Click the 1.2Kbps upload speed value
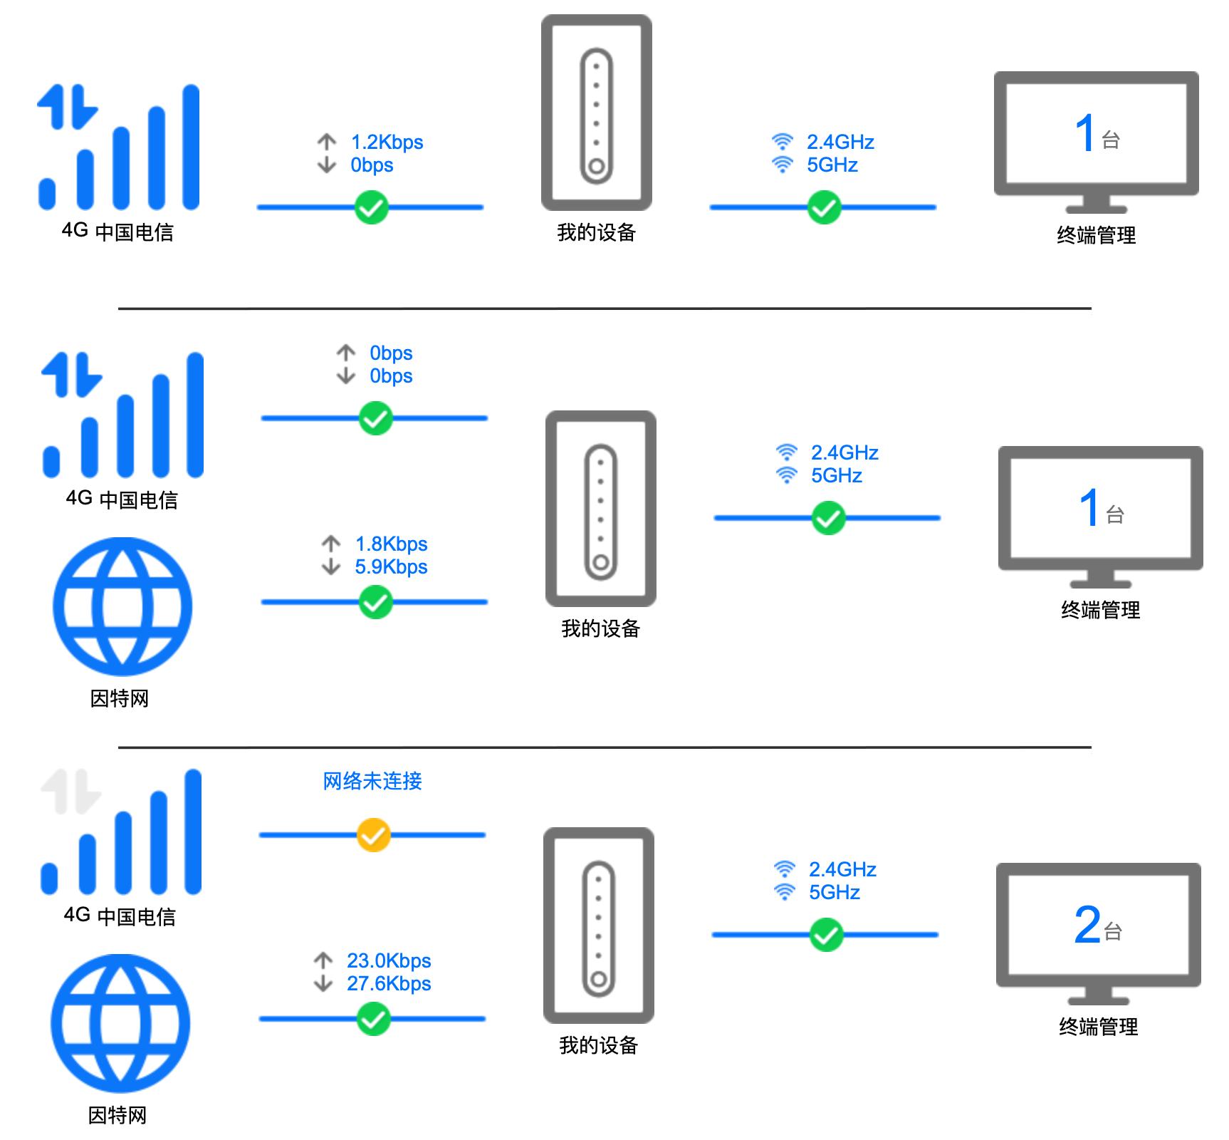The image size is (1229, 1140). point(387,142)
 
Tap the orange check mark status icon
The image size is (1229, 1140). point(373,835)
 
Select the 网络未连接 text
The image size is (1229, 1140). point(372,782)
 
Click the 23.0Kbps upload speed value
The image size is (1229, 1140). point(389,961)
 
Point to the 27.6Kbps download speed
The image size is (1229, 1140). point(389,984)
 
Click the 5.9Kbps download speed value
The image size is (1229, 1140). point(391,567)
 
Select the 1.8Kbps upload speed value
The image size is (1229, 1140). point(391,544)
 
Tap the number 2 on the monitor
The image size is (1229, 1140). point(1087,925)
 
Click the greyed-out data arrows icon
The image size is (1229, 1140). point(71,792)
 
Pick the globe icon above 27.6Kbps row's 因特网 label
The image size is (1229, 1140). point(120,1023)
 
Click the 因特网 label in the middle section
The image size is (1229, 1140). point(120,699)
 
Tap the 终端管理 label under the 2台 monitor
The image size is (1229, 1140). point(1098,1027)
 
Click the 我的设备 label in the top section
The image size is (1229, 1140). point(597,233)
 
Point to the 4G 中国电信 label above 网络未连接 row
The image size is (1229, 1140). point(120,916)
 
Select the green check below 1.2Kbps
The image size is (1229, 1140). point(372,207)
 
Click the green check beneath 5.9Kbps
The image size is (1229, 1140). point(376,603)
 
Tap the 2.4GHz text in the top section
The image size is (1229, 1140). point(840,142)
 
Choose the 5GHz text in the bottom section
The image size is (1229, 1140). point(835,893)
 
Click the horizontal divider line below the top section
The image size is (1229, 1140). point(605,309)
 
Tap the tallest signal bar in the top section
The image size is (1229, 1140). point(191,147)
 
